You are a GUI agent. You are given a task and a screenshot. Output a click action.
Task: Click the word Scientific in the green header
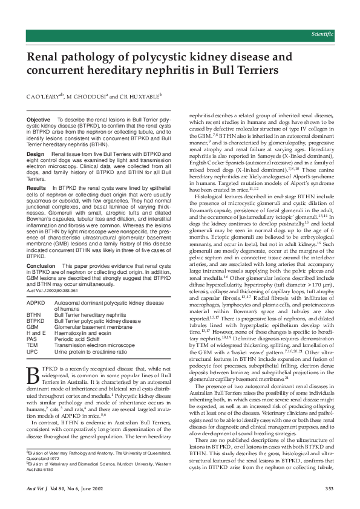(322, 34)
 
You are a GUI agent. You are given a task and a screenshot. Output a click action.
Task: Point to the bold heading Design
(36, 155)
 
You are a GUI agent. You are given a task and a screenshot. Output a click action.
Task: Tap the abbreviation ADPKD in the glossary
(36, 302)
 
